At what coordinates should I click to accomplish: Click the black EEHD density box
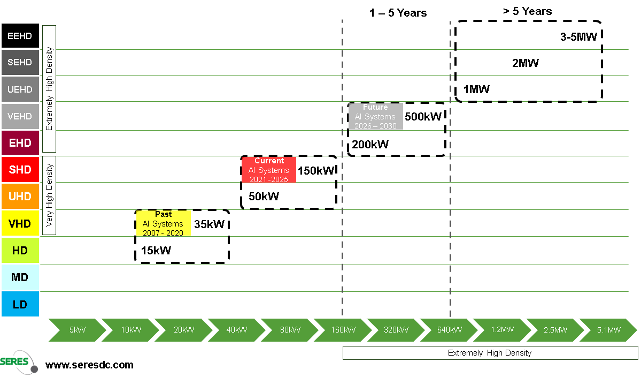click(x=20, y=36)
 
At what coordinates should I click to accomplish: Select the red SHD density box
click(x=20, y=170)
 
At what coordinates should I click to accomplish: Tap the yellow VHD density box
click(x=20, y=223)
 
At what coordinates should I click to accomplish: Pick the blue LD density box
click(x=20, y=304)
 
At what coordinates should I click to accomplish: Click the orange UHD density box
click(x=20, y=197)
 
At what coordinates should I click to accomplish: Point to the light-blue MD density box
click(x=20, y=277)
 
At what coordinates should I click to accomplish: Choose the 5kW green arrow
click(x=75, y=330)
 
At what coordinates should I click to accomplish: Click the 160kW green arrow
click(x=341, y=330)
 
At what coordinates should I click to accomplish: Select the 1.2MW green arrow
click(x=500, y=330)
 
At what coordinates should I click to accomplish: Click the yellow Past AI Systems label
click(x=163, y=223)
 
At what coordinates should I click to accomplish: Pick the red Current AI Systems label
click(x=269, y=170)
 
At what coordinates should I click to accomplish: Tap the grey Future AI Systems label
click(x=375, y=116)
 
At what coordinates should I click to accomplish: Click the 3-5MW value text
click(x=578, y=37)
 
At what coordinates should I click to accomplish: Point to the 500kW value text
click(x=423, y=117)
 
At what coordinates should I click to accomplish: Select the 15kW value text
click(x=157, y=250)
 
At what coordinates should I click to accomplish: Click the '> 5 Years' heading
click(x=527, y=11)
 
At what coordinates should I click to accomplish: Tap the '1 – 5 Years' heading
click(x=398, y=13)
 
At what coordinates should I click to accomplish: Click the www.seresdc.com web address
click(x=89, y=365)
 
